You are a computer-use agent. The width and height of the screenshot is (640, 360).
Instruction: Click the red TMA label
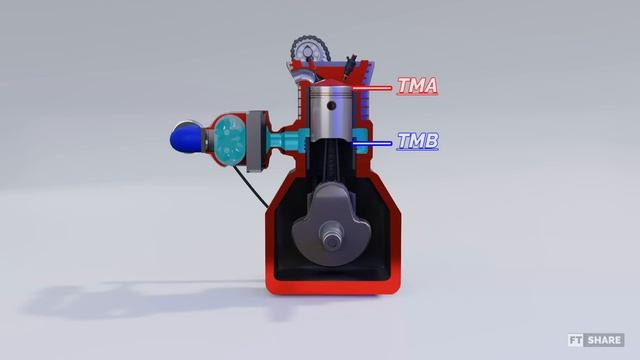coord(417,86)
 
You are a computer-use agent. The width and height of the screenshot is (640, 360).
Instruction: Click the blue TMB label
coord(418,141)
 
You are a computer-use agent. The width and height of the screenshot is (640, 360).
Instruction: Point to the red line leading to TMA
coord(372,88)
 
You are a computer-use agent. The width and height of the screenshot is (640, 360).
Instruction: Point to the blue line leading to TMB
coord(372,143)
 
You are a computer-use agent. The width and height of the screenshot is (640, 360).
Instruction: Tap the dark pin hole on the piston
coord(331,106)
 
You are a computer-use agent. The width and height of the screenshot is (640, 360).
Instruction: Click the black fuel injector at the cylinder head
coord(350,64)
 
